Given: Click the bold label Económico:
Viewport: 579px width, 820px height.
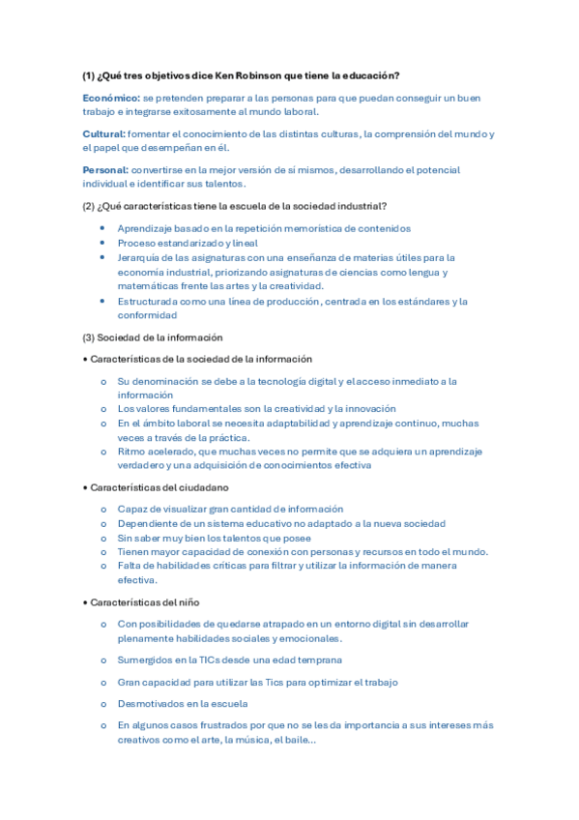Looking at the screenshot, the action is pos(111,98).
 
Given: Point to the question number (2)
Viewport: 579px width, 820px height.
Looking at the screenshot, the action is pos(88,205).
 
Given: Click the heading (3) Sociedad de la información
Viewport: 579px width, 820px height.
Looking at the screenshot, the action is pos(153,337).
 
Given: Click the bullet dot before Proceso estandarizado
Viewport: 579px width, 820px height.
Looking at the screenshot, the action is pos(102,244).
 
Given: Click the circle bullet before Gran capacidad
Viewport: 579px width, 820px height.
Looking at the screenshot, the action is pos(103,683).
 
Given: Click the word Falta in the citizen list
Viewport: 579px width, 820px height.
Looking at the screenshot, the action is pos(130,566).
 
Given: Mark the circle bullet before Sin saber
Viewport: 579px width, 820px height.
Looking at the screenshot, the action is pos(103,538).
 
